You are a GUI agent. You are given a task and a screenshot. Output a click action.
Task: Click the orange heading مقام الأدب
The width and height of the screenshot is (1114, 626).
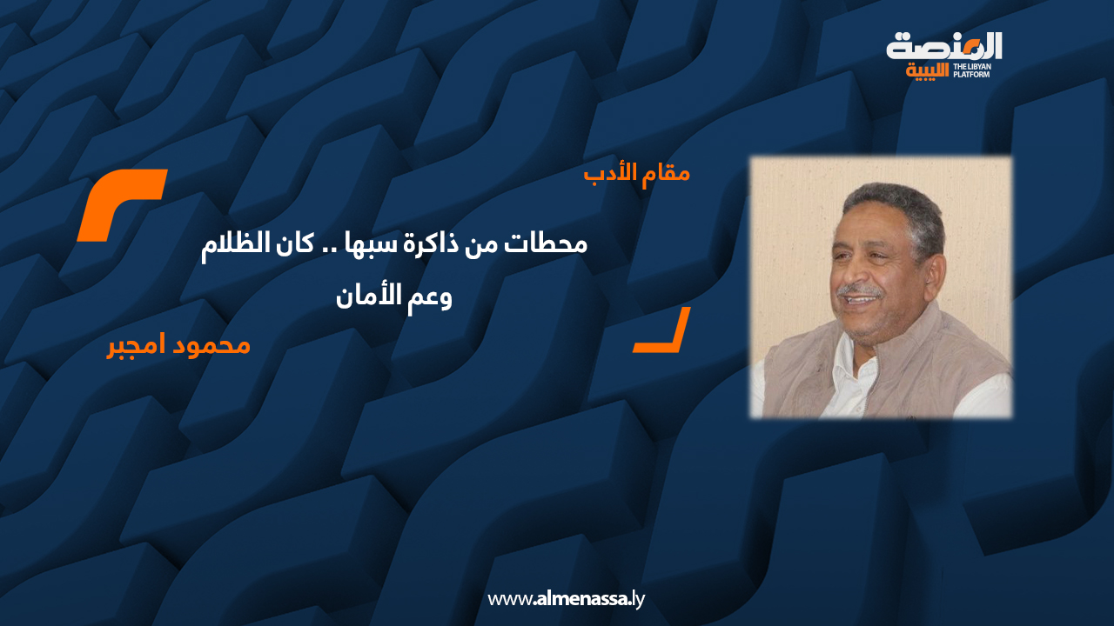point(637,173)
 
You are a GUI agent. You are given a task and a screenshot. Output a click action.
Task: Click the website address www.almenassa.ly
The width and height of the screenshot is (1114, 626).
point(566,598)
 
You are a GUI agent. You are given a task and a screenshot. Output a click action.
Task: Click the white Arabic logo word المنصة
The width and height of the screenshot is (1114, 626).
point(944,47)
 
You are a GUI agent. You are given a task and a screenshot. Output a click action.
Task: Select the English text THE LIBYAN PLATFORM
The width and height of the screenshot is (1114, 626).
point(972,70)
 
